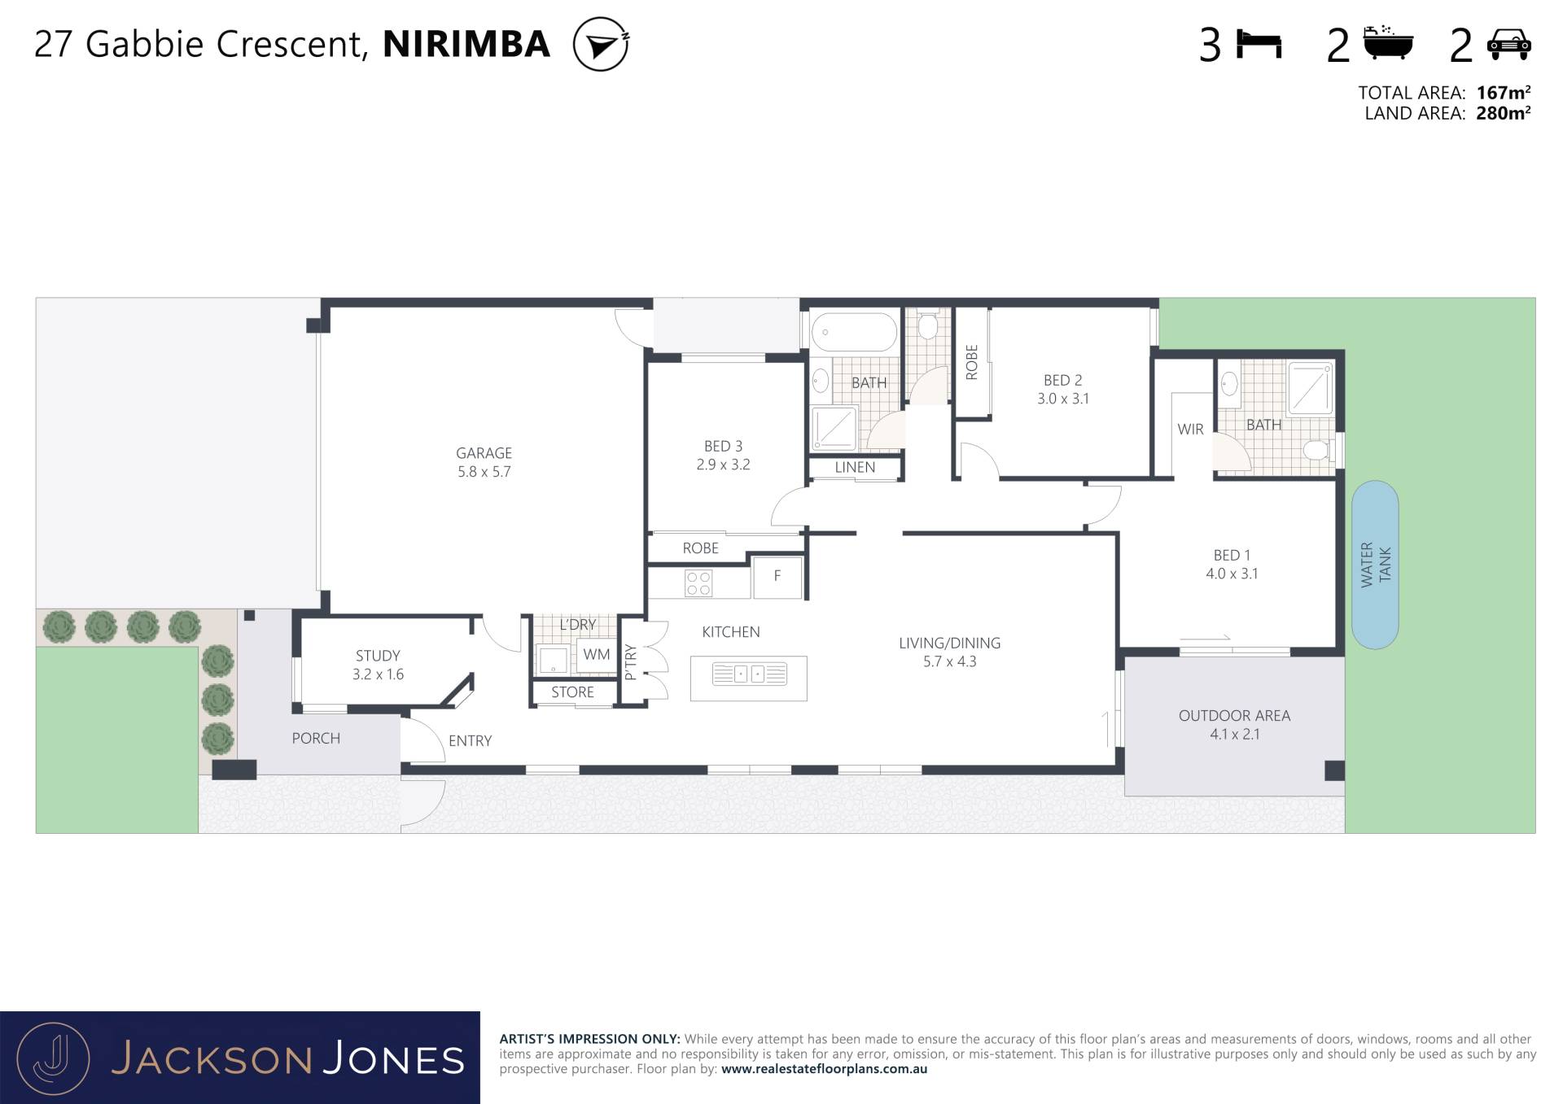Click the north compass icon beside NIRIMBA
(601, 45)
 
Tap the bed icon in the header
(1259, 44)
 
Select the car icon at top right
(1508, 44)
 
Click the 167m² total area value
(1503, 93)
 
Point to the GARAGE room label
(484, 453)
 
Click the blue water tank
(1375, 565)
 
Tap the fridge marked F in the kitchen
(777, 577)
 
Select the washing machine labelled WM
(596, 656)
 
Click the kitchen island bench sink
(749, 674)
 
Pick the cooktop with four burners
(698, 583)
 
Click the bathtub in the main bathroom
(854, 332)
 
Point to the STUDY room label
(378, 656)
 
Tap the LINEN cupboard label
(855, 468)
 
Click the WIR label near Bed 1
(1190, 430)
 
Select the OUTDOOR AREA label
(1234, 716)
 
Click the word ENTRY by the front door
(470, 741)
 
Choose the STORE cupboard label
(572, 692)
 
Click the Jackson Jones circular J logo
(53, 1058)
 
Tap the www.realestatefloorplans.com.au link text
(824, 1070)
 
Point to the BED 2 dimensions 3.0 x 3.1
(1062, 399)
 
